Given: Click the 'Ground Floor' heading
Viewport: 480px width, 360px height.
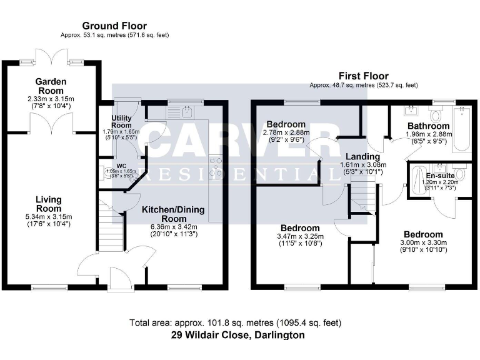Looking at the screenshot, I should [114, 26].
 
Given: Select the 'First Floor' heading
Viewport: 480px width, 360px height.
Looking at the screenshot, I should [363, 76].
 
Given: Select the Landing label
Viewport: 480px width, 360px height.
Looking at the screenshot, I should [363, 157].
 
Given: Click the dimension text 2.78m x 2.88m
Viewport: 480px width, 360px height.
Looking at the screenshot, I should [287, 134].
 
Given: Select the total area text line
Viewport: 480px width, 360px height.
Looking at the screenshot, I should [236, 323].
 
